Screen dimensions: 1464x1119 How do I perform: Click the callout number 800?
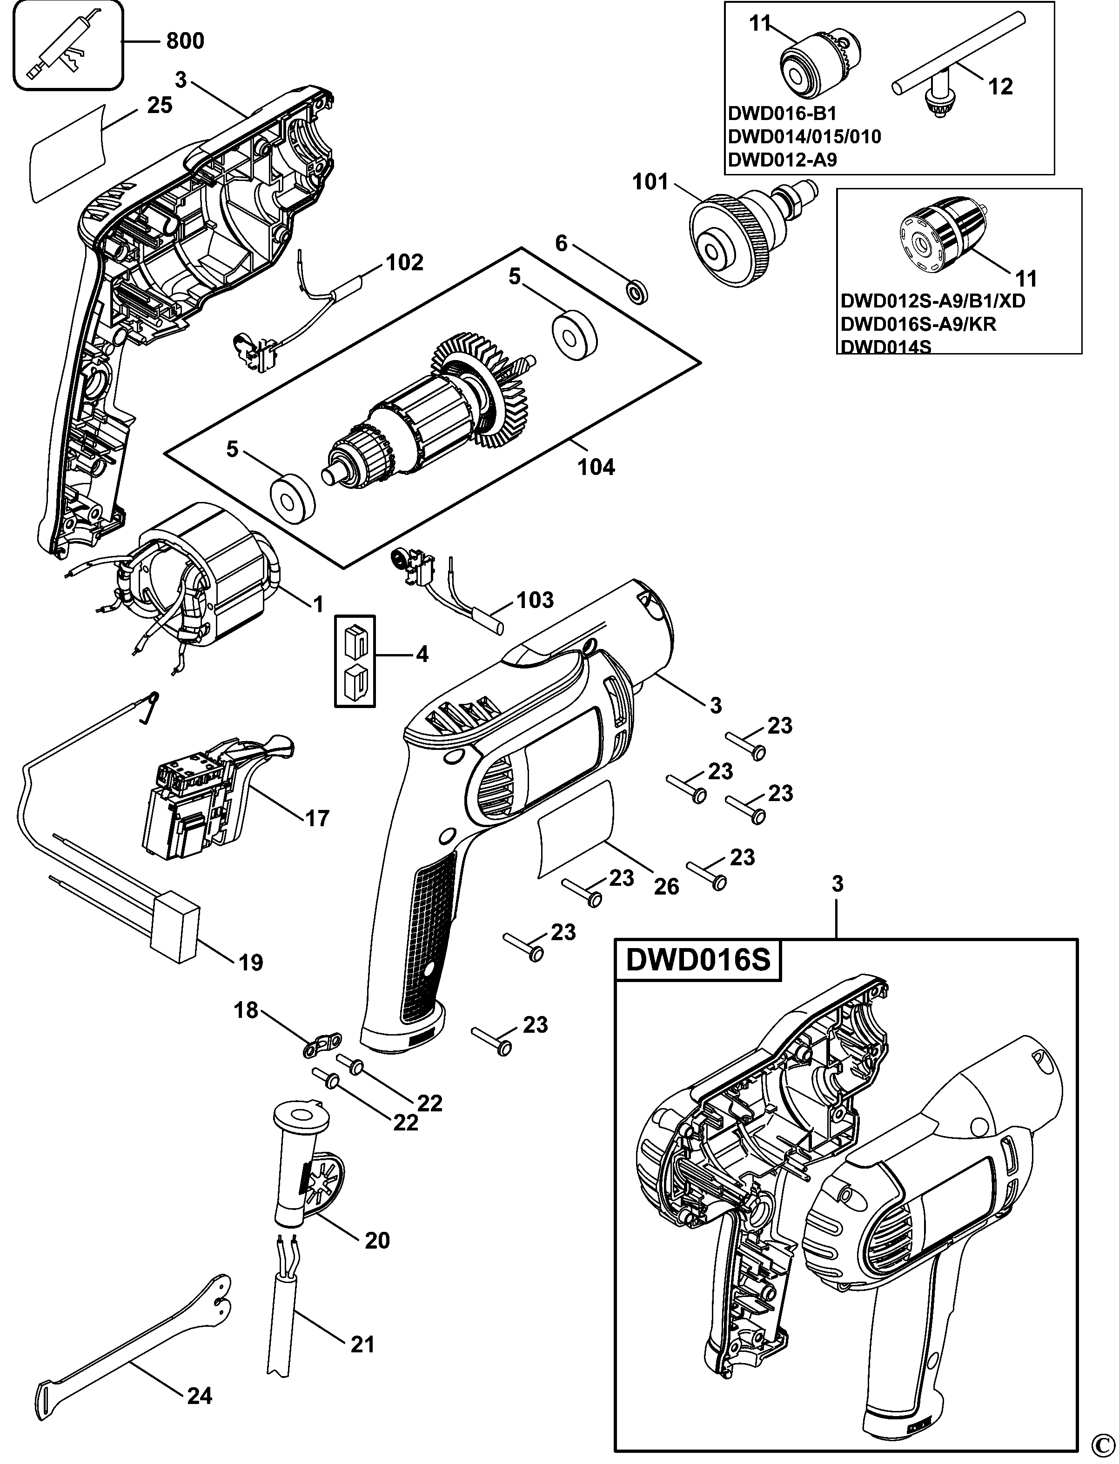click(x=185, y=41)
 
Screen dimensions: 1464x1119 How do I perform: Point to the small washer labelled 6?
click(x=638, y=291)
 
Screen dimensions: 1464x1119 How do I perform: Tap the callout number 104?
click(x=596, y=467)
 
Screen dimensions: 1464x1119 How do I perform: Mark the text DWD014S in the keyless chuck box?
click(x=886, y=347)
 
